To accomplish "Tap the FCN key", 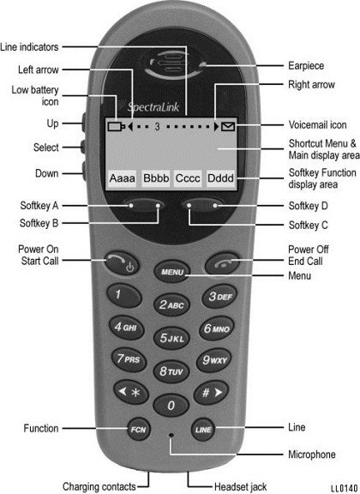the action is [x=139, y=429].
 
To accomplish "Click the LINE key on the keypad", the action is [x=203, y=430].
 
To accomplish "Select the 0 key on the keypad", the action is [x=171, y=405].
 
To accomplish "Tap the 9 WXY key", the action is [x=214, y=360].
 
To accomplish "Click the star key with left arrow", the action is [x=131, y=392].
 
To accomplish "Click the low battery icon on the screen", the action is [x=117, y=126].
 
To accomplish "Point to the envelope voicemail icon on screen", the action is [x=228, y=127].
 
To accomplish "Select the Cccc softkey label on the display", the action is [x=188, y=178].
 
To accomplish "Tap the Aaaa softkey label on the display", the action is [x=123, y=178].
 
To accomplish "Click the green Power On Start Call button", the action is [x=122, y=263].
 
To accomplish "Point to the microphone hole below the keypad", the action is [x=171, y=435].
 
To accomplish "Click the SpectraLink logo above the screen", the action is [x=153, y=107].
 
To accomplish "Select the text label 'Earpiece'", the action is [x=306, y=66].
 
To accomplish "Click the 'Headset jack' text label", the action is [x=240, y=487].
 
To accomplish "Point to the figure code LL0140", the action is [x=345, y=488].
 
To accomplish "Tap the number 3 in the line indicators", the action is [x=157, y=127].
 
